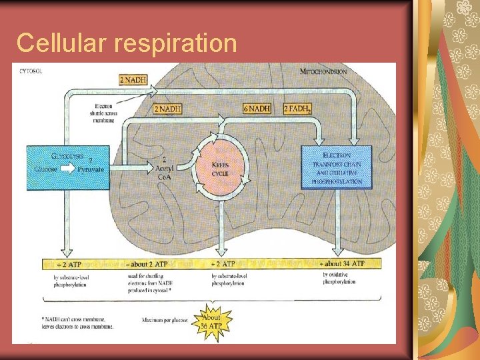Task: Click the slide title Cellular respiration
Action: click(x=127, y=43)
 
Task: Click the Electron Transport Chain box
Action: click(x=336, y=167)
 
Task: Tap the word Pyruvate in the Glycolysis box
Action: click(x=91, y=169)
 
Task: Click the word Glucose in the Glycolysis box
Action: click(x=46, y=169)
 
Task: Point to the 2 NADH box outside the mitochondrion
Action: click(x=133, y=80)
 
